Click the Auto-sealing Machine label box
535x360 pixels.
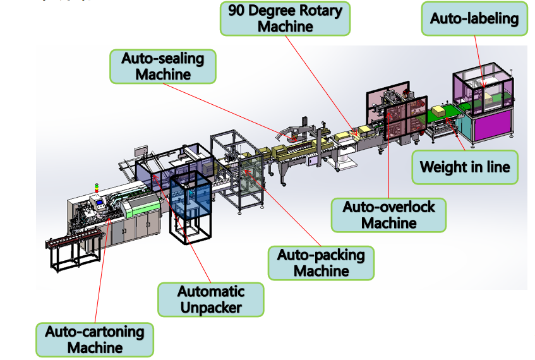tap(163, 66)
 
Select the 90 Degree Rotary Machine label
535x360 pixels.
tap(286, 18)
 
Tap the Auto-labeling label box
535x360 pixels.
tap(474, 18)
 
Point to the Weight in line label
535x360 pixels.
tap(465, 167)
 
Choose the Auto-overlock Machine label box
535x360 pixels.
tap(388, 215)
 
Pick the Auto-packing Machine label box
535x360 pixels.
tap(321, 263)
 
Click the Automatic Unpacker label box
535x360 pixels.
tap(211, 299)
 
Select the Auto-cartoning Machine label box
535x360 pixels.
tap(95, 340)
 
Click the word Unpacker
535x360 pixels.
tap(211, 308)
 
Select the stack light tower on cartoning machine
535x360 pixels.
tap(97, 188)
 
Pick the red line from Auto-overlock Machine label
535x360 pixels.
tap(388, 155)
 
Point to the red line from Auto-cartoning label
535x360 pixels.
tap(102, 270)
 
